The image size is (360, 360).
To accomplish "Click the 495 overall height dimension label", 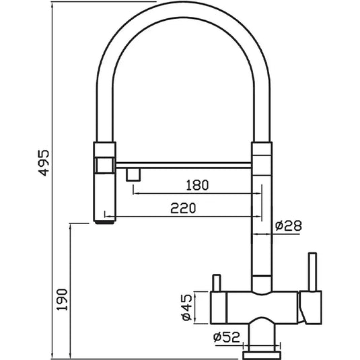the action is point(44,163).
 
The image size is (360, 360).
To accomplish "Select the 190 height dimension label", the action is point(62,299).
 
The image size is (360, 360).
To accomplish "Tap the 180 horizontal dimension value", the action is point(197,185).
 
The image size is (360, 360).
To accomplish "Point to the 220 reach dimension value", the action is point(183,208).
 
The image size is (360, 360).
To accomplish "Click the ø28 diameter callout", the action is point(289,225).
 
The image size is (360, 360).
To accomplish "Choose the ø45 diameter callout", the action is point(186,308).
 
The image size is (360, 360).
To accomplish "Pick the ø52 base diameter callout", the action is point(226,337).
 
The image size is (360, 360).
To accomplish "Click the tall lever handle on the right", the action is point(312,272).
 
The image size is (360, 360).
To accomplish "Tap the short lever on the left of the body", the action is point(217,283).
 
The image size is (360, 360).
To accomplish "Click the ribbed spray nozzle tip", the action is point(105,222).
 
